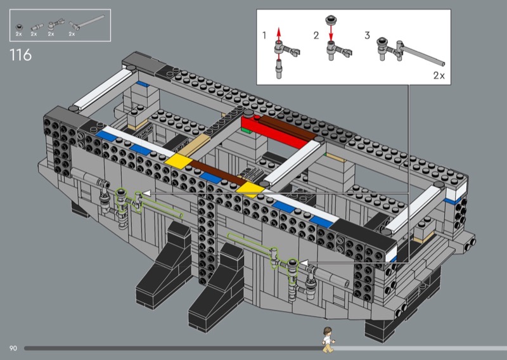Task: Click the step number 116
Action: tap(21, 55)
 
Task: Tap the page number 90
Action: tap(13, 349)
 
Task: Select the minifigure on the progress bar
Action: tap(328, 340)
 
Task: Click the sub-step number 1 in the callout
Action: tap(264, 35)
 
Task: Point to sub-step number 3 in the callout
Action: tap(367, 35)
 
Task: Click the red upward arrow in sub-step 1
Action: tap(279, 34)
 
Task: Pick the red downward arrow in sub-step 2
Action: tap(330, 32)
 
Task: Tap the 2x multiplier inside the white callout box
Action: tap(439, 75)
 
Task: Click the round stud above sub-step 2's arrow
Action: tap(330, 20)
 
